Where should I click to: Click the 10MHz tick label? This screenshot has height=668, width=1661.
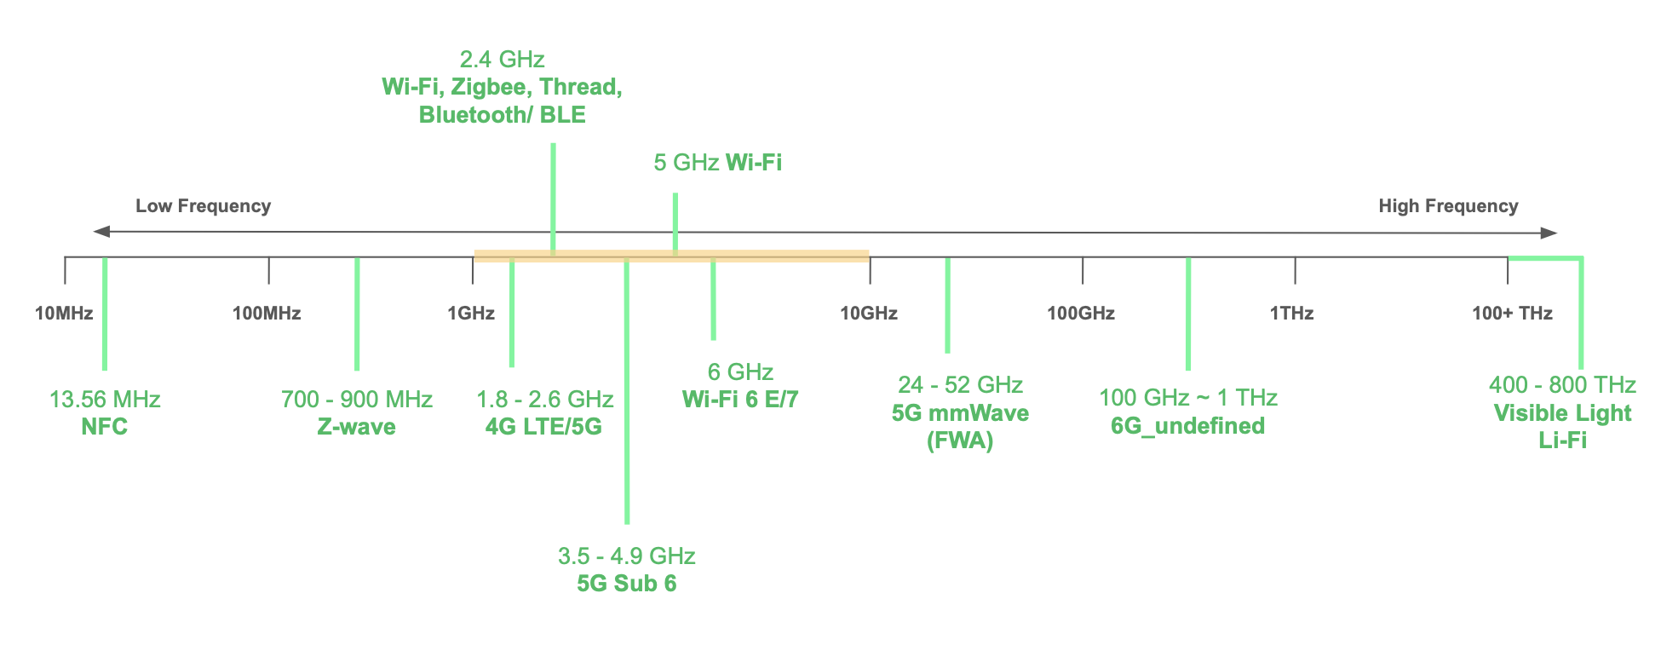(64, 314)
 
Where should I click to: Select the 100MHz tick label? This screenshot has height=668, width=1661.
(267, 314)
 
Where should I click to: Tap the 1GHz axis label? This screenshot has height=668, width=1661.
(471, 314)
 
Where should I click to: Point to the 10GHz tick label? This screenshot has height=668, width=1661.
(869, 314)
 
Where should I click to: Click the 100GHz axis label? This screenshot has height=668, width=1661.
(1081, 314)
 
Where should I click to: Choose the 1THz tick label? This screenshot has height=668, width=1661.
(1291, 314)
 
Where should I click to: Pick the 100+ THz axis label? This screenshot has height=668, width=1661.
(1512, 314)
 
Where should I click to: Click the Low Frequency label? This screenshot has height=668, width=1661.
(203, 206)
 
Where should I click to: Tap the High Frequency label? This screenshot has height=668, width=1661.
(1448, 206)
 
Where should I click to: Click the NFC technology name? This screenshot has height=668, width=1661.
(105, 427)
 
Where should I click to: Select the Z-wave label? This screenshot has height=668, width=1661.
(356, 427)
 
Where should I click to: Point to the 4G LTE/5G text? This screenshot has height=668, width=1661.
(543, 427)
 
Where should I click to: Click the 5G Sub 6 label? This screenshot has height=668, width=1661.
(627, 584)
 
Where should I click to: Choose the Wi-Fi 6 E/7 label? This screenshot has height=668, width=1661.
(740, 400)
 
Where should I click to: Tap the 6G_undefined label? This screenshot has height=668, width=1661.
(1187, 426)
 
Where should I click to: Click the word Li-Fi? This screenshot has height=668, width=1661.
(1562, 441)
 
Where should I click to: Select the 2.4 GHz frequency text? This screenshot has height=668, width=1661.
(502, 60)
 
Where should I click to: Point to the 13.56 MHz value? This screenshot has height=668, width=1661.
(105, 400)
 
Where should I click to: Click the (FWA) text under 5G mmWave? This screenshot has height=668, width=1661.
(960, 441)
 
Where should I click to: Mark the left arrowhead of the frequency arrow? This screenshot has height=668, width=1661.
(101, 232)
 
